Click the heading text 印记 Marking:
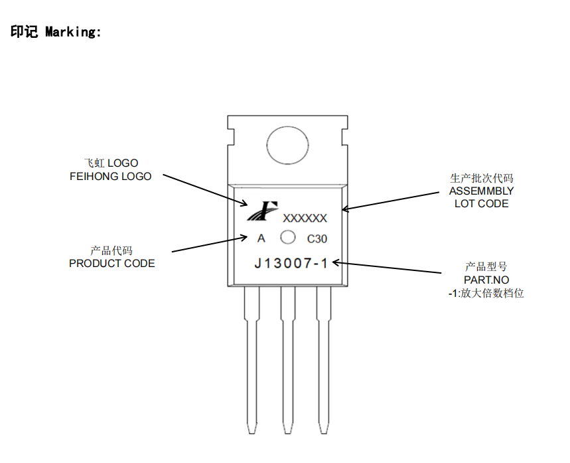click(x=56, y=31)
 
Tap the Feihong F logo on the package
click(x=261, y=211)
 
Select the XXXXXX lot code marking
click(x=305, y=218)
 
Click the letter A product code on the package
click(x=261, y=238)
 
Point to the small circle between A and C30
click(x=288, y=237)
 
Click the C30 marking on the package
click(x=317, y=238)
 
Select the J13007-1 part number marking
click(x=291, y=263)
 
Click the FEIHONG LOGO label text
click(x=110, y=177)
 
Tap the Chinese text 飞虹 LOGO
click(x=111, y=163)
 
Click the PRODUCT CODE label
click(x=112, y=263)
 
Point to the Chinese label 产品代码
click(x=111, y=250)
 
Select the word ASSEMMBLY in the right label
click(x=481, y=191)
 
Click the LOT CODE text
click(x=481, y=204)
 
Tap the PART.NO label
click(x=486, y=280)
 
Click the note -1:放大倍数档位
click(x=486, y=293)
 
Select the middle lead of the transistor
click(x=287, y=359)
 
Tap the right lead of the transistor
click(x=323, y=359)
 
